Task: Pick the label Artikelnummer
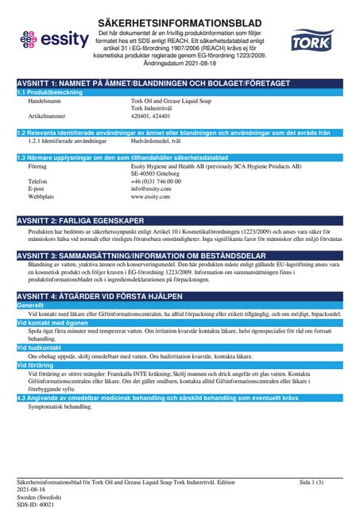point(46,115)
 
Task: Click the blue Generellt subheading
point(31,305)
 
